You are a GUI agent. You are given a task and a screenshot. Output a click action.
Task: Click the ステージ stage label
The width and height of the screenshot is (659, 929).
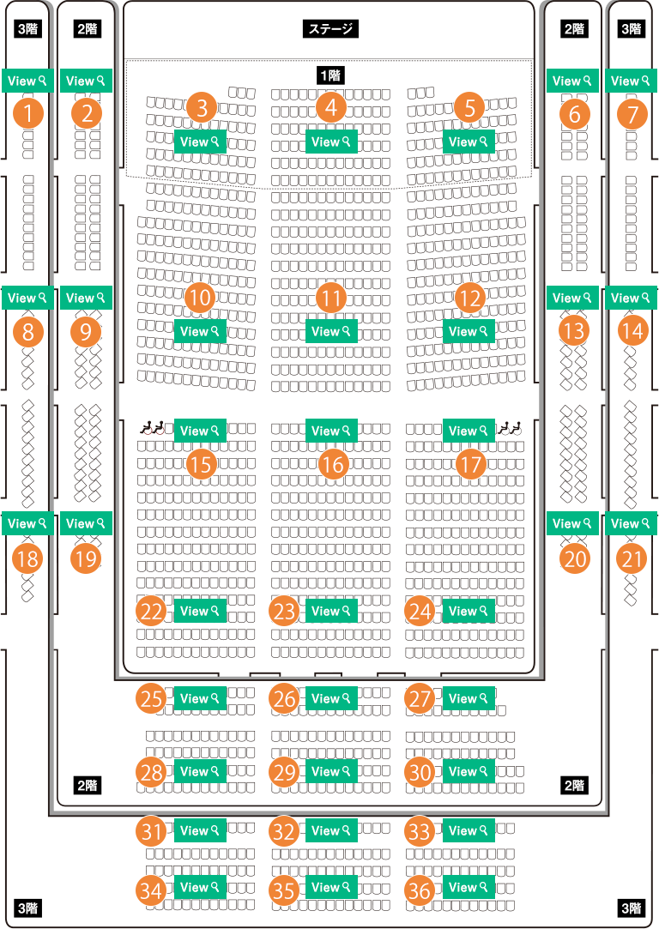[x=330, y=29]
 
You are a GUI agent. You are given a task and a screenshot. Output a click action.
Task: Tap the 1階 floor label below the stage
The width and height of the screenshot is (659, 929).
[x=330, y=75]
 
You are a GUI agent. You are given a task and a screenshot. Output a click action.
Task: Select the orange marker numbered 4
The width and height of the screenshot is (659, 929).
[x=330, y=108]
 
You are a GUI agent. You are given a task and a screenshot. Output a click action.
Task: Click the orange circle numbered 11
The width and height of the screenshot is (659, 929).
[x=330, y=299]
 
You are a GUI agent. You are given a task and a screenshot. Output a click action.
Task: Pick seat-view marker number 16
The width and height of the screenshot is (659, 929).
[x=334, y=465]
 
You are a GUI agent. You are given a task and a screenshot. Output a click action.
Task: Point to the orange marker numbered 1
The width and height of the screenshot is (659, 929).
[x=28, y=113]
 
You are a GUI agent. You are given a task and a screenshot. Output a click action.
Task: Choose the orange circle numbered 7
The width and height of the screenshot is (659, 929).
[x=632, y=113]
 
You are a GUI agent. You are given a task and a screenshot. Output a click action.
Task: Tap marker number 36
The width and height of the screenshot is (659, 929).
[x=420, y=891]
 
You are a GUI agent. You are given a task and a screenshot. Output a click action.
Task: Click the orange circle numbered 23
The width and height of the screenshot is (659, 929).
[x=285, y=612]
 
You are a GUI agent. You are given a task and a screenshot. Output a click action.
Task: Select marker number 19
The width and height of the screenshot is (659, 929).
[x=85, y=559]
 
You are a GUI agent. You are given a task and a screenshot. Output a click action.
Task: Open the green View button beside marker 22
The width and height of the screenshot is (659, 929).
[x=200, y=611]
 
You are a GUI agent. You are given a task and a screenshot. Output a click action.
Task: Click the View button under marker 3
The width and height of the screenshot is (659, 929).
[x=200, y=142]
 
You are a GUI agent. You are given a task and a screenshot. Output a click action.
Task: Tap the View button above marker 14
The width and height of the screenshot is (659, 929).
[x=632, y=298]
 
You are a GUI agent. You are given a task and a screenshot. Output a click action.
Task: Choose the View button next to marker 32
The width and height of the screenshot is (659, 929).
[x=331, y=830]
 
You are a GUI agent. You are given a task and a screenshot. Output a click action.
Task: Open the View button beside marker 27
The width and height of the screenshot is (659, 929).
[x=469, y=698]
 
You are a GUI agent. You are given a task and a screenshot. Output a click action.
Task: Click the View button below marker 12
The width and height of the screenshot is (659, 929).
[x=469, y=331]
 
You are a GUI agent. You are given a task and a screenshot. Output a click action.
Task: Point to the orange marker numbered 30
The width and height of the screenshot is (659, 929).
[x=420, y=773]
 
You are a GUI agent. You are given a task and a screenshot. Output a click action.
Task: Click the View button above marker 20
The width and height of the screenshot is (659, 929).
[x=573, y=523]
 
